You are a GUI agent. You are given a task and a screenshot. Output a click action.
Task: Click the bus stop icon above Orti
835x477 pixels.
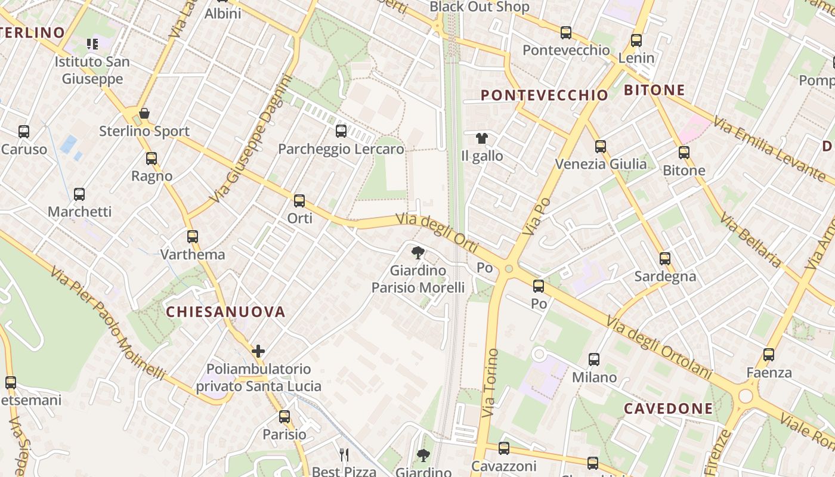tap(299, 201)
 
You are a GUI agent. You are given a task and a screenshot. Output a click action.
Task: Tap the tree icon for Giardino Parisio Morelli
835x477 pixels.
tap(418, 252)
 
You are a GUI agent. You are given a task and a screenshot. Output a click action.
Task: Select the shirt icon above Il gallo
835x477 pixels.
tap(482, 138)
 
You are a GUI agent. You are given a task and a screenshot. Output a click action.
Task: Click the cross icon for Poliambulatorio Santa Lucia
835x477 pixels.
tap(258, 351)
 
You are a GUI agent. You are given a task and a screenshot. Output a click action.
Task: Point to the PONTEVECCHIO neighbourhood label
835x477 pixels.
tap(544, 95)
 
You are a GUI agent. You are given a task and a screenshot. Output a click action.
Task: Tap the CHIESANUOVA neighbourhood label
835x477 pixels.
tap(225, 312)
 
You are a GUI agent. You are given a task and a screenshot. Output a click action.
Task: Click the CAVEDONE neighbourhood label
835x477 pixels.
tap(668, 408)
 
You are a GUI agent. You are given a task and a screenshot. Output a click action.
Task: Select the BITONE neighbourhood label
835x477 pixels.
tap(654, 91)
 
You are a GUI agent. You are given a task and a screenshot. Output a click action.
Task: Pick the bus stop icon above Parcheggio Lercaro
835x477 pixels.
tap(341, 131)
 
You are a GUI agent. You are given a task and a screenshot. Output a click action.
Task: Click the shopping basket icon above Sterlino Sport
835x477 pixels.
tap(144, 113)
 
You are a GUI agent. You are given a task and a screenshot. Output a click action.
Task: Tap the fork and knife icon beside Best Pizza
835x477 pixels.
tap(344, 456)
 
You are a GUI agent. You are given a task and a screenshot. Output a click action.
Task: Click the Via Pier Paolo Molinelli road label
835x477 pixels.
tap(107, 324)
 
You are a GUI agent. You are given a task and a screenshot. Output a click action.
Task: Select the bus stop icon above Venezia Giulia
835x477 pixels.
tap(601, 146)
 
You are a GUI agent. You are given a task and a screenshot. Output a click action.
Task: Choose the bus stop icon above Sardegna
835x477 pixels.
tap(665, 259)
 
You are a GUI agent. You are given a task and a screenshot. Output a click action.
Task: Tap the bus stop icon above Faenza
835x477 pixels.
tap(769, 355)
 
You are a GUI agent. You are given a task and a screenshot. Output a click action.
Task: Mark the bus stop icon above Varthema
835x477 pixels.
tap(192, 237)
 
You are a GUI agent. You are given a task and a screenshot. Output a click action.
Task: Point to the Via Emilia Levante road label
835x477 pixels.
tap(769, 150)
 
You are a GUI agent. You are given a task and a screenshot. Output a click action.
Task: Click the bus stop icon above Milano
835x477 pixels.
tap(594, 359)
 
